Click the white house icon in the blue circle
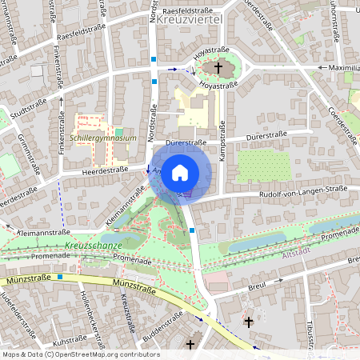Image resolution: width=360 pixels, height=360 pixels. pos(180,172)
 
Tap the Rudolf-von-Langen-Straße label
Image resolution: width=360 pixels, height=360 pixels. pos(303,190)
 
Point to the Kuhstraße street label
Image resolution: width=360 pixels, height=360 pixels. pos(69,341)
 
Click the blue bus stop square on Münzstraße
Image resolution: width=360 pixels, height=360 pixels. pos(58,277)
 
